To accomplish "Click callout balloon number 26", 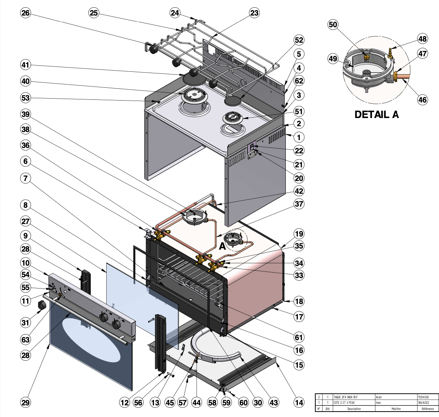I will [x=26, y=13].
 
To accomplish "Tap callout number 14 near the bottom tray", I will [x=299, y=403].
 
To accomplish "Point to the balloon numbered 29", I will [x=26, y=403].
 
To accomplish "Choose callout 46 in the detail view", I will [x=422, y=100].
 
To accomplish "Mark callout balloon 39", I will [x=26, y=114].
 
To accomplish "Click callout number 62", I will [x=299, y=81].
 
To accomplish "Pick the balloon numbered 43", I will [x=274, y=403].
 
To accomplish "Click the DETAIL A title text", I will [x=377, y=115].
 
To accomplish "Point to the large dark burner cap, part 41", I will [x=194, y=78].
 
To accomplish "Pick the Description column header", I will [x=354, y=409].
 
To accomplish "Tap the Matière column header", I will [x=395, y=409].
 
